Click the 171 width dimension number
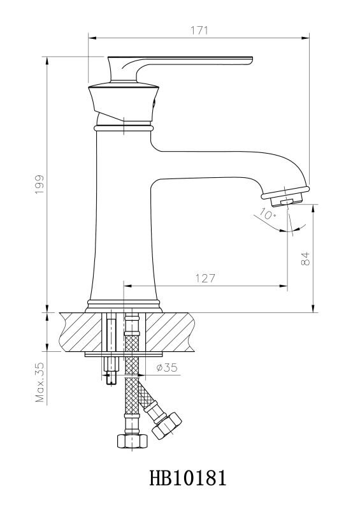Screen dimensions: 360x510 click(199, 30)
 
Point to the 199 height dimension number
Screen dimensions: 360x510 click(40, 184)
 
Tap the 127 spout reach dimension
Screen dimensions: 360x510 click(205, 279)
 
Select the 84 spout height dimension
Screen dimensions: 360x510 click(305, 259)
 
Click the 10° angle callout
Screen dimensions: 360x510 click(268, 214)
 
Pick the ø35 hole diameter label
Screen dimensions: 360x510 click(167, 368)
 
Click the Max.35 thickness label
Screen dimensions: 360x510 click(40, 382)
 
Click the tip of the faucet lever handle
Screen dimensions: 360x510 click(252, 60)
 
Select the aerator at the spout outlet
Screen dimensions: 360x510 click(286, 200)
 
